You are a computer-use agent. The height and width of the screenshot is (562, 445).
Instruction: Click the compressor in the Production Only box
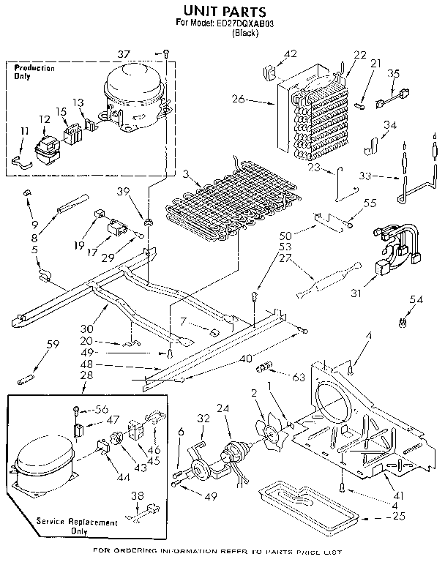point(135,99)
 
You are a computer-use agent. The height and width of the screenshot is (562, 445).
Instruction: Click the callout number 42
point(291,53)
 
